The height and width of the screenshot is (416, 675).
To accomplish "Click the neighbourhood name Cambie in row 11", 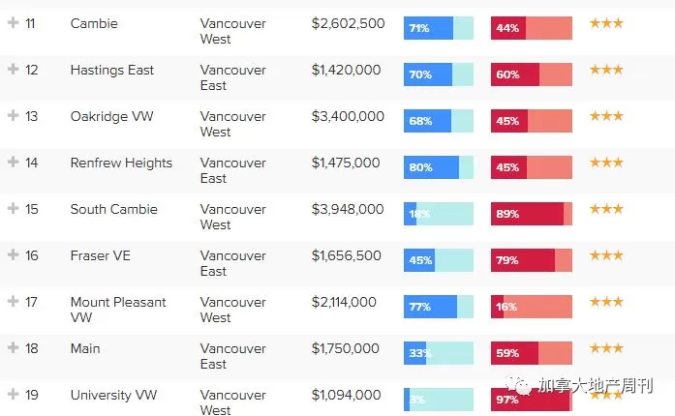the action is (x=94, y=23).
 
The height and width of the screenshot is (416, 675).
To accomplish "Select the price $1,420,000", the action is (x=346, y=70).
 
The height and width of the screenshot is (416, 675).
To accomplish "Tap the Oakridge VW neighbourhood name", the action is (x=112, y=116).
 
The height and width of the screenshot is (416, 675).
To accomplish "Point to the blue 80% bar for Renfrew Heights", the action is (x=431, y=167).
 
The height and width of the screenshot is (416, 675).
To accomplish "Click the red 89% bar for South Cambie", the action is (x=528, y=214).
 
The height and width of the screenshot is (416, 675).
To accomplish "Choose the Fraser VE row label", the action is (x=101, y=255).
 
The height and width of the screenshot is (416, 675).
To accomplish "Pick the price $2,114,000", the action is (x=344, y=302).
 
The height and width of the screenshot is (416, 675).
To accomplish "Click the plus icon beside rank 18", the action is (x=14, y=347).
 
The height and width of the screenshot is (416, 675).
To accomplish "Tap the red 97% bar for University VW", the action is (x=531, y=400).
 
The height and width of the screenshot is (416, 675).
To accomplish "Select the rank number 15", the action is (x=31, y=209).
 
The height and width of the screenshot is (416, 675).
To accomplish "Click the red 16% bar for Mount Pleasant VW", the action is (x=497, y=307).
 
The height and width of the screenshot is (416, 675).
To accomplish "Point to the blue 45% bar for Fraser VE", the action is (x=419, y=260).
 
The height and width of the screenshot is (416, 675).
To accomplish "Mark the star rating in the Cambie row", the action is (x=606, y=23).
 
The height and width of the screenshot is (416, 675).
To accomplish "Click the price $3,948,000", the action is (x=348, y=209).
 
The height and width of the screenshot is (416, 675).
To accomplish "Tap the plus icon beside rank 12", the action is (x=14, y=69).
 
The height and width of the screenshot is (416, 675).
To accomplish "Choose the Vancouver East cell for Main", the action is (x=232, y=356).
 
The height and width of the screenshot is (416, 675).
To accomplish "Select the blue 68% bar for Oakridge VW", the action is (x=427, y=121).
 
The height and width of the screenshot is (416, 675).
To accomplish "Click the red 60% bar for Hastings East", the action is (x=515, y=74).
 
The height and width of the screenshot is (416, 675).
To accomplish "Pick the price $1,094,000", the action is (x=346, y=395).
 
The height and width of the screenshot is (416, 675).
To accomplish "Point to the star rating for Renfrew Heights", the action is (x=606, y=163).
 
